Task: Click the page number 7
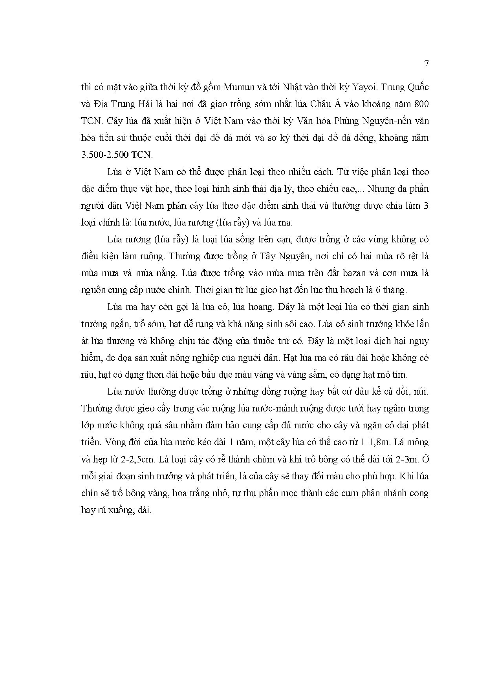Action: pyautogui.click(x=427, y=64)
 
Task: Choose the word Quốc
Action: pyautogui.click(x=416, y=87)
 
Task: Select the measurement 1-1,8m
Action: pyautogui.click(x=373, y=442)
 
